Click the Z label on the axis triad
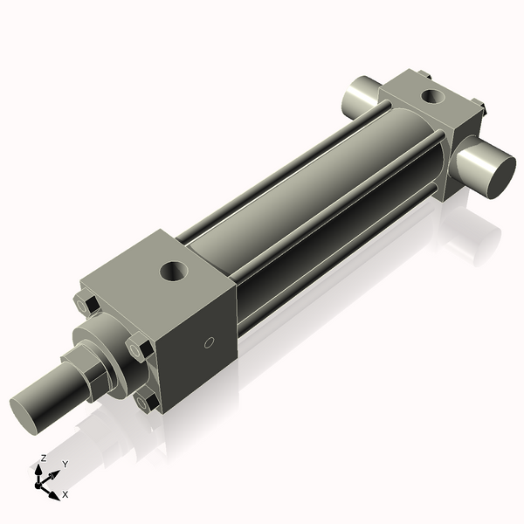point(44,458)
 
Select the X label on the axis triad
point(65,494)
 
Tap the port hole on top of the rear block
point(429,95)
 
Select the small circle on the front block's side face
point(208,342)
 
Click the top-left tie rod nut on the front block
point(85,305)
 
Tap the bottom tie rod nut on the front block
point(146,402)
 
